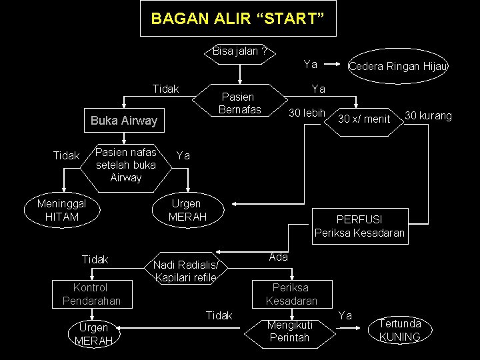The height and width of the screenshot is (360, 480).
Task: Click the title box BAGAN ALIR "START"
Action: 238,19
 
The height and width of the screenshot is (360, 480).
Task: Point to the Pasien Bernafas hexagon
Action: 241,102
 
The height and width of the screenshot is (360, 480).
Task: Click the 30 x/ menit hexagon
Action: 363,119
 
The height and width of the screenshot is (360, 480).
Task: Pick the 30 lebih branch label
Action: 306,113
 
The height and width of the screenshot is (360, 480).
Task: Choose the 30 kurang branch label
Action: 428,116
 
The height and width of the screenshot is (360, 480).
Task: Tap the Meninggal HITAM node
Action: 62,210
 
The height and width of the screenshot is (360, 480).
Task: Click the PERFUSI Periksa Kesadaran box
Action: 359,226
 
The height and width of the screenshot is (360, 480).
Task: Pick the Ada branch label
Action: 278,257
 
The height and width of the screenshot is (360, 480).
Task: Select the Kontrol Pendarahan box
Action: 91,295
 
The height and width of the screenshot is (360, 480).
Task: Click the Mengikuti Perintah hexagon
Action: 289,331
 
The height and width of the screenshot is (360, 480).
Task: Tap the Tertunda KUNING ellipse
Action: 399,330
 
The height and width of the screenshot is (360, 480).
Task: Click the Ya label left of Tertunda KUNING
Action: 345,315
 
